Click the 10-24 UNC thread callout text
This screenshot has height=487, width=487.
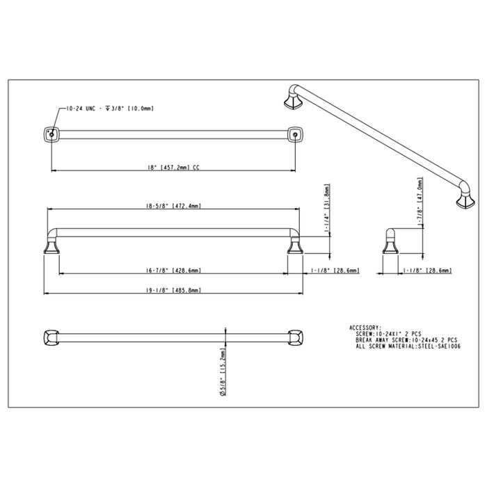point(109,109)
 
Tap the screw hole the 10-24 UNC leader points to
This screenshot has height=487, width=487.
point(50,132)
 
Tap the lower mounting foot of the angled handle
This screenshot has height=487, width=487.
point(462,201)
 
